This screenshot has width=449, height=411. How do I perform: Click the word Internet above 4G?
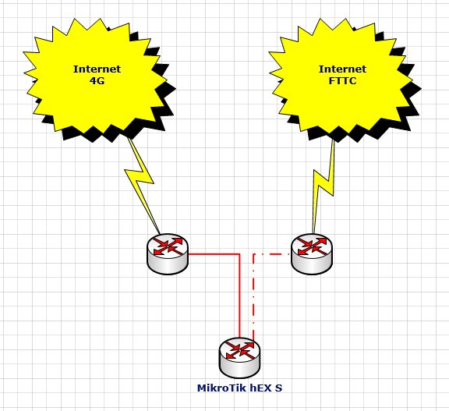pyautogui.click(x=97, y=69)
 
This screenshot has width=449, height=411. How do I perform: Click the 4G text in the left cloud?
pyautogui.click(x=97, y=81)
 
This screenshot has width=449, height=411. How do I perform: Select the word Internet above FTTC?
pyautogui.click(x=342, y=69)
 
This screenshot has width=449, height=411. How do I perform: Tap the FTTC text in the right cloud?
pyautogui.click(x=342, y=81)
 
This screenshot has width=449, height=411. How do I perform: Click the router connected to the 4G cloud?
pyautogui.click(x=168, y=253)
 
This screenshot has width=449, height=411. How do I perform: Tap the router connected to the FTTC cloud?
pyautogui.click(x=312, y=253)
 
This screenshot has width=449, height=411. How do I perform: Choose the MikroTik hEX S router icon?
pyautogui.click(x=240, y=357)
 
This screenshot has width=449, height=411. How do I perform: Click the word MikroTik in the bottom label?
pyautogui.click(x=222, y=388)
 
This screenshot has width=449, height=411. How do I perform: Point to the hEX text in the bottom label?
pyautogui.click(x=261, y=388)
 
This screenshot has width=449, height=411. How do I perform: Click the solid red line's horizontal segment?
pyautogui.click(x=214, y=253)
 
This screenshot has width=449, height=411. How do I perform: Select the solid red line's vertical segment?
pyautogui.click(x=239, y=296)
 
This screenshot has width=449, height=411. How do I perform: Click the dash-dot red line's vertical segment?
pyautogui.click(x=253, y=296)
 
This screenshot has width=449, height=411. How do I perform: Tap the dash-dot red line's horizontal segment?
pyautogui.click(x=272, y=253)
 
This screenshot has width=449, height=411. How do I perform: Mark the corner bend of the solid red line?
pyautogui.click(x=239, y=253)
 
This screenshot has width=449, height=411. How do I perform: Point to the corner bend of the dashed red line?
pyautogui.click(x=253, y=253)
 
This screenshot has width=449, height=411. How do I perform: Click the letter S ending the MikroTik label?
pyautogui.click(x=278, y=388)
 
